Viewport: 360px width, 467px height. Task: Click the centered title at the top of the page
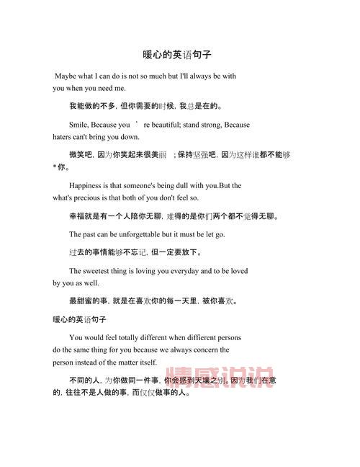click(x=180, y=55)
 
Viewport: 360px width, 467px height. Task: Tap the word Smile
click(x=79, y=125)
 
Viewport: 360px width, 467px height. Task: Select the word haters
click(x=63, y=137)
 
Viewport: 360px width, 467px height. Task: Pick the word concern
click(x=214, y=350)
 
